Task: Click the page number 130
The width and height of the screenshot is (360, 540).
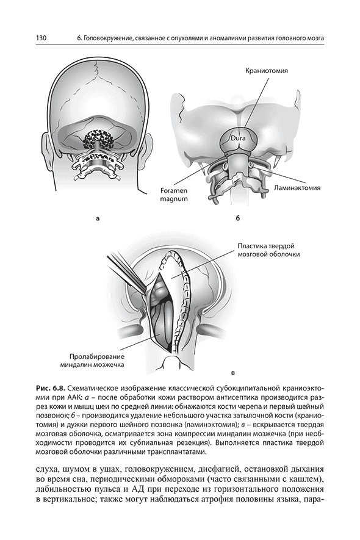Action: (41, 38)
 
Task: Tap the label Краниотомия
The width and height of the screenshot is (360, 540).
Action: (266, 71)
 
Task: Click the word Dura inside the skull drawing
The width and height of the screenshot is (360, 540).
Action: (238, 139)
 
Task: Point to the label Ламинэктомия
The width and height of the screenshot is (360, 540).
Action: (297, 188)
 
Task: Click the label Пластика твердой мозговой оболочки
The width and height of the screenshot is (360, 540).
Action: (268, 250)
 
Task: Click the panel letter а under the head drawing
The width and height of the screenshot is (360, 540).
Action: (98, 218)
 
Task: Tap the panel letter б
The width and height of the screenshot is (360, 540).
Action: (238, 218)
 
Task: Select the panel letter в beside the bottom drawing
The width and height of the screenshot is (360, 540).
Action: (232, 373)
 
